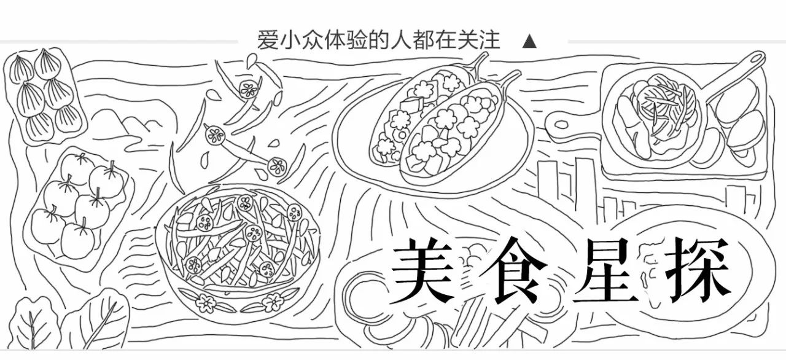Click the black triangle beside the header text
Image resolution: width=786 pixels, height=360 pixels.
[529, 42]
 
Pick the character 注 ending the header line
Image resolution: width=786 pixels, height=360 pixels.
[489, 41]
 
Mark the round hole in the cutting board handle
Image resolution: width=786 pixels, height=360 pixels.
[561, 125]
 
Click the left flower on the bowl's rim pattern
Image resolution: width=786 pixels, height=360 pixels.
[204, 301]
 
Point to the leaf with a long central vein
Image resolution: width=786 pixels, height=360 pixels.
[98, 323]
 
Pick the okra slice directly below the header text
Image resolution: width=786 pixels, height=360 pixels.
[249, 90]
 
